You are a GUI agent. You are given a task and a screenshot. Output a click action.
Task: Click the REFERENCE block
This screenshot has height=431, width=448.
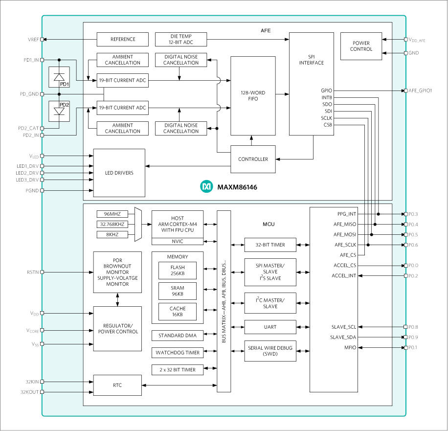pos(122,39)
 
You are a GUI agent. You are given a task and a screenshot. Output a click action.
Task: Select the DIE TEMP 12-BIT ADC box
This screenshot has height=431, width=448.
pos(180,39)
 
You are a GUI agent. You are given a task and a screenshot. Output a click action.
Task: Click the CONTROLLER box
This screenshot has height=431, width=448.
pos(253,159)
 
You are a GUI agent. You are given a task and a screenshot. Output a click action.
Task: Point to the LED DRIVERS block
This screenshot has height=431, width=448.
pos(119,173)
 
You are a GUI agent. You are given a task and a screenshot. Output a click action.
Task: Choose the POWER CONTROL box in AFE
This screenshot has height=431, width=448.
pos(361,46)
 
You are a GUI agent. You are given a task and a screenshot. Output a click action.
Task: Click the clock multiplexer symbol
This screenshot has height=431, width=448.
pos(138,224)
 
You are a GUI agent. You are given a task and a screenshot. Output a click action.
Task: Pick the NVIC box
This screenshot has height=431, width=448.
pos(178,241)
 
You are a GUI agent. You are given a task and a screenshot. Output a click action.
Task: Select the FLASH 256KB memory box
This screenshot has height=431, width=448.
pos(178,271)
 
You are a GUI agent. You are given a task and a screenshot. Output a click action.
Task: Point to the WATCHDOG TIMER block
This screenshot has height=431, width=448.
pos(178,352)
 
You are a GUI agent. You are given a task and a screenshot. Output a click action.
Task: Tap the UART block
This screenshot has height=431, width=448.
pos(270,326)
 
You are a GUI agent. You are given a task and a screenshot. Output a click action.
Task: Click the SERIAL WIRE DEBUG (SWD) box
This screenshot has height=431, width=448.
pos(270,350)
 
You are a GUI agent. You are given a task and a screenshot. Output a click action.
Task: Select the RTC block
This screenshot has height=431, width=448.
pos(117,386)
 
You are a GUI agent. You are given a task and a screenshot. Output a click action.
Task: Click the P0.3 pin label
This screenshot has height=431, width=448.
pos(414,214)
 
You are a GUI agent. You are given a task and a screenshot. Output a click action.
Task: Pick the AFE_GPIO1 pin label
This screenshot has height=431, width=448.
pos(421,91)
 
